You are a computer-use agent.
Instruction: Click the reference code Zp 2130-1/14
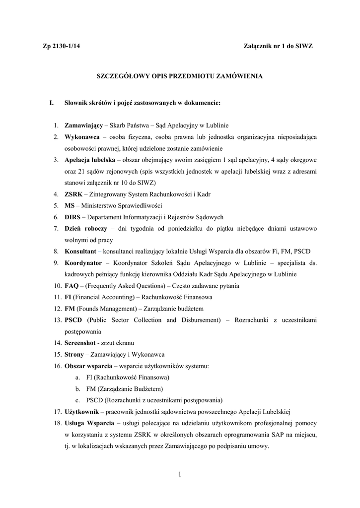(x=62, y=46)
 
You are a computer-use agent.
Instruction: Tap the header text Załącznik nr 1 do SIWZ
(x=279, y=46)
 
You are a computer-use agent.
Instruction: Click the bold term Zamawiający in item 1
(x=83, y=125)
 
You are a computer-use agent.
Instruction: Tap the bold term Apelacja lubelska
(x=90, y=160)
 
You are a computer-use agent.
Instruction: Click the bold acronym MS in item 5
(x=70, y=205)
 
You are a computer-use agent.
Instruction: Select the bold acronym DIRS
(x=73, y=217)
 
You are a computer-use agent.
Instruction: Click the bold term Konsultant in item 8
(x=80, y=251)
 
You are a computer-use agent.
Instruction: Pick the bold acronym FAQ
(x=72, y=286)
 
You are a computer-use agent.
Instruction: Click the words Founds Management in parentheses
(x=108, y=309)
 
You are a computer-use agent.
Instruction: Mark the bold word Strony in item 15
(x=74, y=354)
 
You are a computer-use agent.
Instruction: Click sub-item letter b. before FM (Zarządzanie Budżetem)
(x=78, y=389)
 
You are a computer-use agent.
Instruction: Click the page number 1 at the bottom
(x=180, y=475)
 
